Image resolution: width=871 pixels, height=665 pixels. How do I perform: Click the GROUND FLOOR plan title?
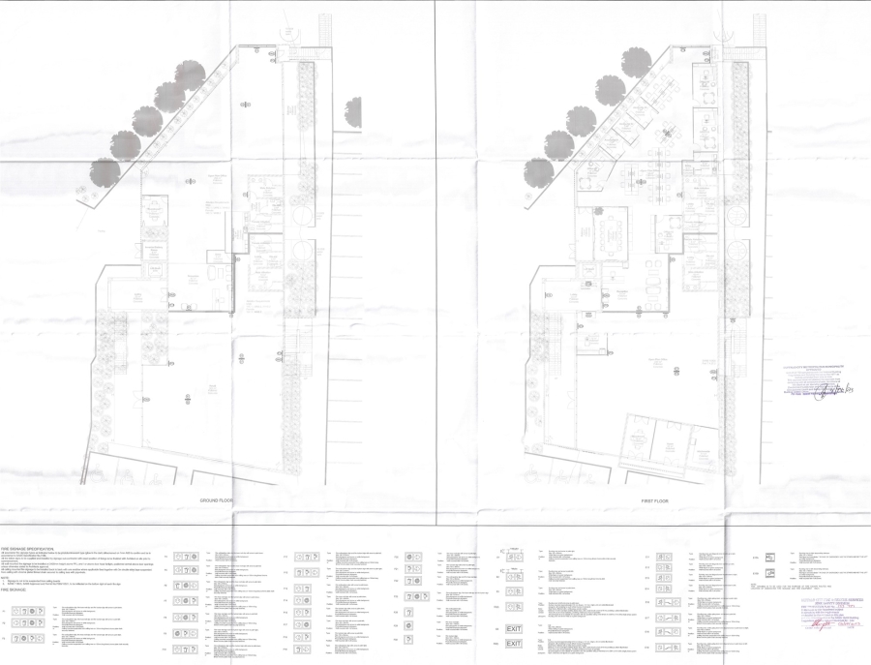point(219,500)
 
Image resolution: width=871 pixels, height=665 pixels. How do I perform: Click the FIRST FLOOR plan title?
point(654,500)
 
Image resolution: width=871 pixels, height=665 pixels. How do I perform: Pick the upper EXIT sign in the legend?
point(514,629)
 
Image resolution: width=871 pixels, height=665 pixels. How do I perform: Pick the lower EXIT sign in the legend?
point(514,644)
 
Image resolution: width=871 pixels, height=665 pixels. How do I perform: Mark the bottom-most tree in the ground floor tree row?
point(105,172)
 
